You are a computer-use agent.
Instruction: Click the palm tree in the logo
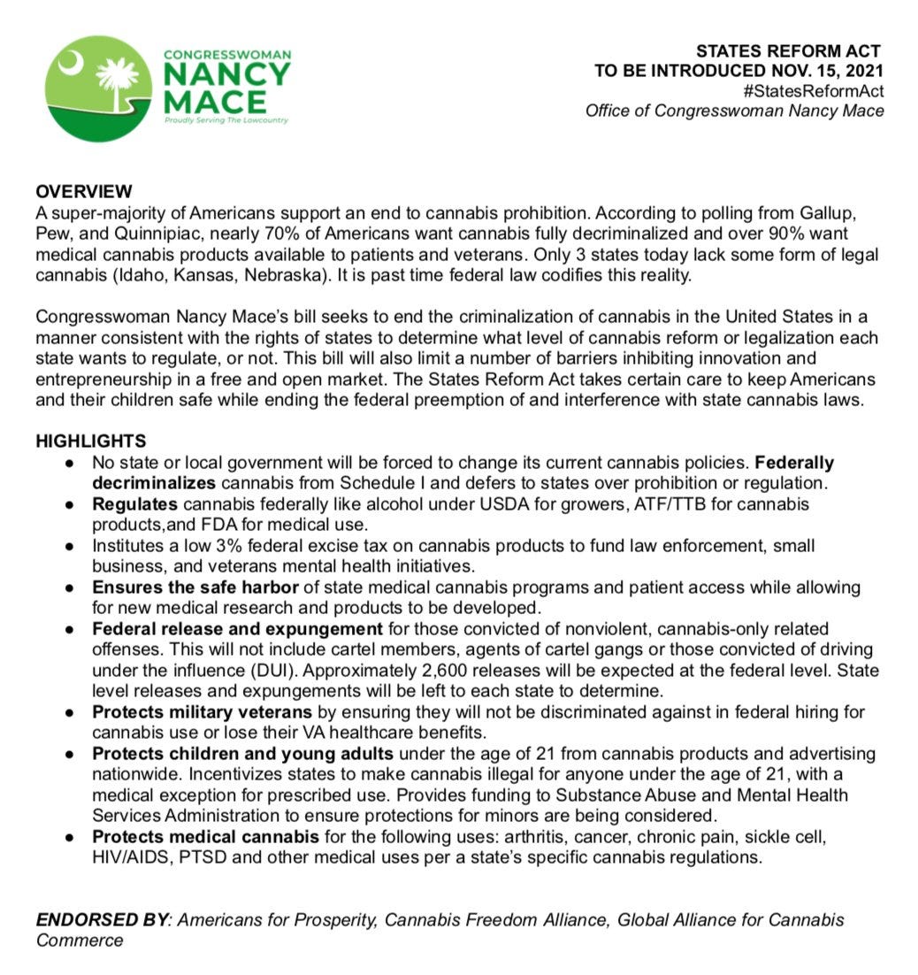[117, 83]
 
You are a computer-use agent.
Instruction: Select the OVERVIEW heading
[84, 192]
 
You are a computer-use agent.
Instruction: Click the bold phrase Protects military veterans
[202, 712]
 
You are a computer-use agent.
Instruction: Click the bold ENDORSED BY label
[103, 919]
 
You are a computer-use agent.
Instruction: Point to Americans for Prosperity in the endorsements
[279, 919]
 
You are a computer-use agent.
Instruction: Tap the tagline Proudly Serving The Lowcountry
[226, 120]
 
